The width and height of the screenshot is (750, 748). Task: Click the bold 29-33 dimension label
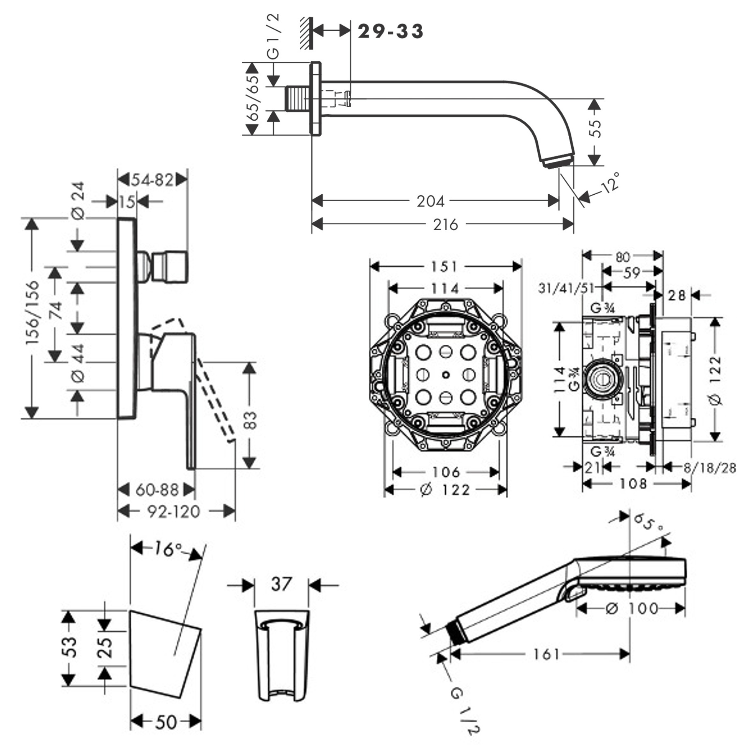click(390, 31)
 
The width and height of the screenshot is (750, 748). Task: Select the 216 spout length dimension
click(445, 224)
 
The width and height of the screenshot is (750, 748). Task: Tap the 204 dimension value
click(430, 201)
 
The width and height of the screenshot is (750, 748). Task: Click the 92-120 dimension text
click(173, 511)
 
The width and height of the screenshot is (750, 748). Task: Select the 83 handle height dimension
click(251, 420)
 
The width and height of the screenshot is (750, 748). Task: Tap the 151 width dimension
click(444, 267)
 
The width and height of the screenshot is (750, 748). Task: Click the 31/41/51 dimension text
click(566, 288)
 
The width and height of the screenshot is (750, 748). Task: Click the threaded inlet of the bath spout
click(298, 98)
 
